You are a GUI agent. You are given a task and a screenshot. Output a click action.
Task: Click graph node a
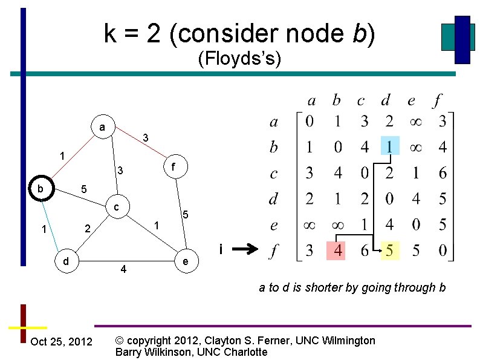(x=103, y=128)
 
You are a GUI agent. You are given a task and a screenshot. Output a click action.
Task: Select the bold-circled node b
(x=41, y=189)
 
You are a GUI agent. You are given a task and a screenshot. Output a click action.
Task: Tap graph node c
(x=116, y=208)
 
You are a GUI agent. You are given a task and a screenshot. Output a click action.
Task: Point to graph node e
(x=186, y=261)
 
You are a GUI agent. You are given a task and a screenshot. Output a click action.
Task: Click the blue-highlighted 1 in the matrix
(x=389, y=147)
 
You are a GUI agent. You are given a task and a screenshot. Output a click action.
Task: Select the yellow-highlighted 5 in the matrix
(x=389, y=250)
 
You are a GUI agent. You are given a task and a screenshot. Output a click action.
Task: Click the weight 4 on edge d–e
(x=123, y=269)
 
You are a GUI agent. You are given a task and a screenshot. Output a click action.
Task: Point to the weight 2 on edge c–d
(x=88, y=229)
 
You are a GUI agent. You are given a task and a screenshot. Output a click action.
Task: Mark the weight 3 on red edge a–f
(x=146, y=138)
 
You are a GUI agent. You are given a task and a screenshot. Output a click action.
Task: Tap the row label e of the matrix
(x=274, y=225)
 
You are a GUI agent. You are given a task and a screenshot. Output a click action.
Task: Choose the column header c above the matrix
(x=361, y=99)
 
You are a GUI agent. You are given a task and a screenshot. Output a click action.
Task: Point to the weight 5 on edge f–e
(x=186, y=215)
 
